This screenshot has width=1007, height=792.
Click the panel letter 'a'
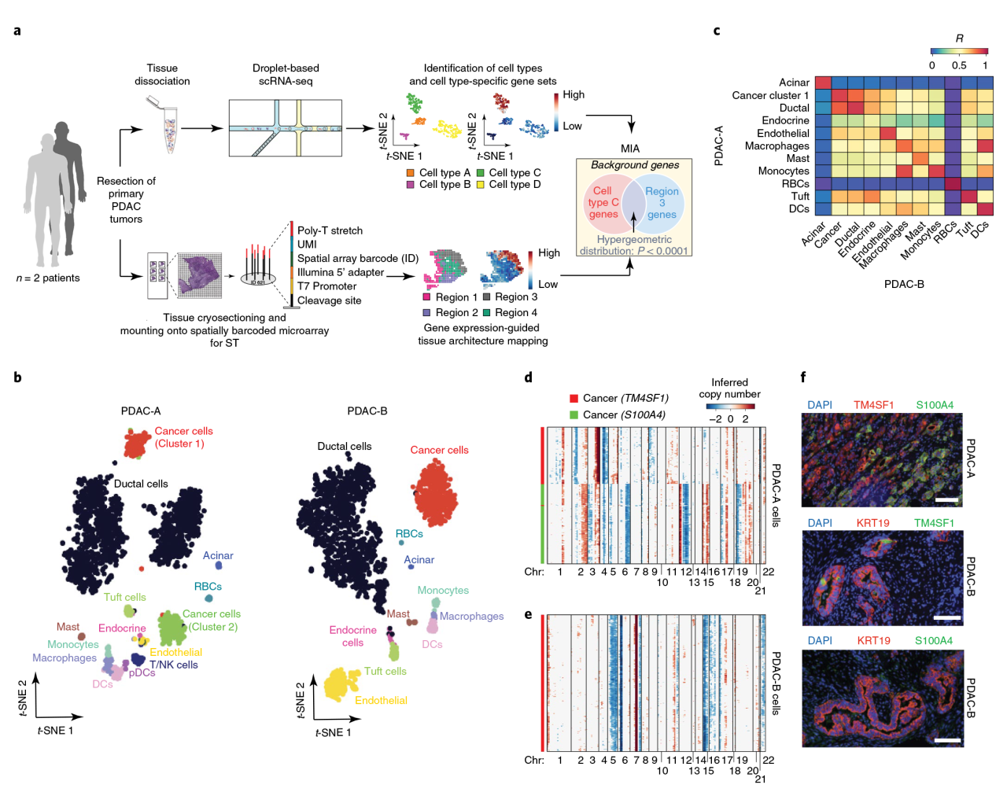tap(17, 31)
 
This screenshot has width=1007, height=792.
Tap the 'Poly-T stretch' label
tap(330, 230)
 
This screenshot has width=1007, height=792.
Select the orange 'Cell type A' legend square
tap(410, 173)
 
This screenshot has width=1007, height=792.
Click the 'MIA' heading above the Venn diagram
tap(630, 149)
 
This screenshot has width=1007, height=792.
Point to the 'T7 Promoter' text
tap(326, 286)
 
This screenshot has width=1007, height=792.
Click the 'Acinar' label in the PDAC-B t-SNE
tap(419, 560)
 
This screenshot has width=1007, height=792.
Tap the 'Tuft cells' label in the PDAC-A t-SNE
tap(124, 597)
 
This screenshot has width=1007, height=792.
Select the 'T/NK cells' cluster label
tap(173, 665)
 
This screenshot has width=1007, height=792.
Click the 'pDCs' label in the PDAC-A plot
tap(142, 672)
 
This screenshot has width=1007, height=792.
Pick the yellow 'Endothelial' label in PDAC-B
tap(381, 700)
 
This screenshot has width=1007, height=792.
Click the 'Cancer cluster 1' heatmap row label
tap(769, 95)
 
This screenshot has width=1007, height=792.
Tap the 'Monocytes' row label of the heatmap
tap(783, 171)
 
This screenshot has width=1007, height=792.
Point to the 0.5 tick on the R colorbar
tap(958, 65)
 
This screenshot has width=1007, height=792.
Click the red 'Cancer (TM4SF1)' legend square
tap(574, 399)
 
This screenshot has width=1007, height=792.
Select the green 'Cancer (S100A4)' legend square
tap(574, 414)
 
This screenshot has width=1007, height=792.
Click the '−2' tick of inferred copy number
tap(714, 419)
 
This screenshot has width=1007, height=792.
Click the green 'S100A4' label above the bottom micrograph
tap(934, 640)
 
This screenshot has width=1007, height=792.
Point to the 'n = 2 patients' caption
tap(48, 278)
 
